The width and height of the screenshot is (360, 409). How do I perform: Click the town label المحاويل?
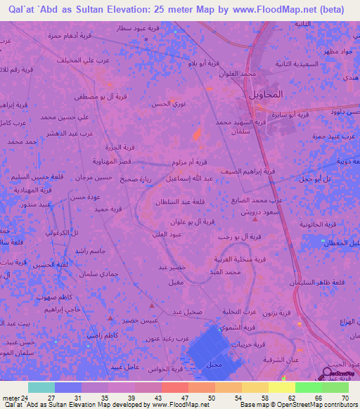click(x=266, y=94)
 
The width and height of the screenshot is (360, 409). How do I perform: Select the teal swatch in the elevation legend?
click(x=41, y=387)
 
